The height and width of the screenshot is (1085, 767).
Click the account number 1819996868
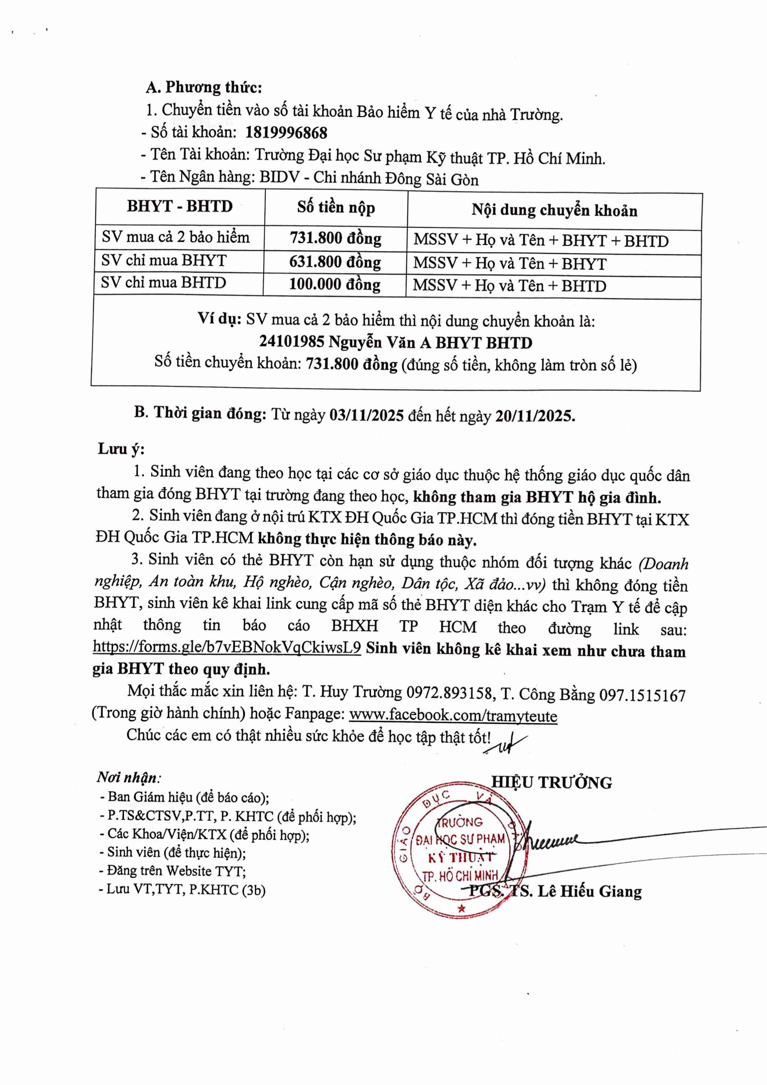coord(286,133)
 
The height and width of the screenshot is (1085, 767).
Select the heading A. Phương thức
coord(204,88)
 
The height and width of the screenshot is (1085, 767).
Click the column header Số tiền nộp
coord(336,207)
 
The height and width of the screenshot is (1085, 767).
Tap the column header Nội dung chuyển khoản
coord(554,210)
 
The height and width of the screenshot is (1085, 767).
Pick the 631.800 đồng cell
coord(335,262)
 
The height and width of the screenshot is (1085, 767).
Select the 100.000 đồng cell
coord(335,284)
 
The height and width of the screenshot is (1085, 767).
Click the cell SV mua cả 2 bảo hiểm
coord(175,237)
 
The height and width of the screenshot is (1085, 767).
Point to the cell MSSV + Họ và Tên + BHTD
coord(509,286)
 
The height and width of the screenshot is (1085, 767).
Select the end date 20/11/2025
coord(534,416)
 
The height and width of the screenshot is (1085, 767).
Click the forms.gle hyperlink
coord(227,647)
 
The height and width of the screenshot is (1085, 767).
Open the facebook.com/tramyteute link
coord(453,716)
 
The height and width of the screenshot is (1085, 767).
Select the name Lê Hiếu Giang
coord(590,891)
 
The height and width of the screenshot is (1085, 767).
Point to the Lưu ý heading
coord(121,448)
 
